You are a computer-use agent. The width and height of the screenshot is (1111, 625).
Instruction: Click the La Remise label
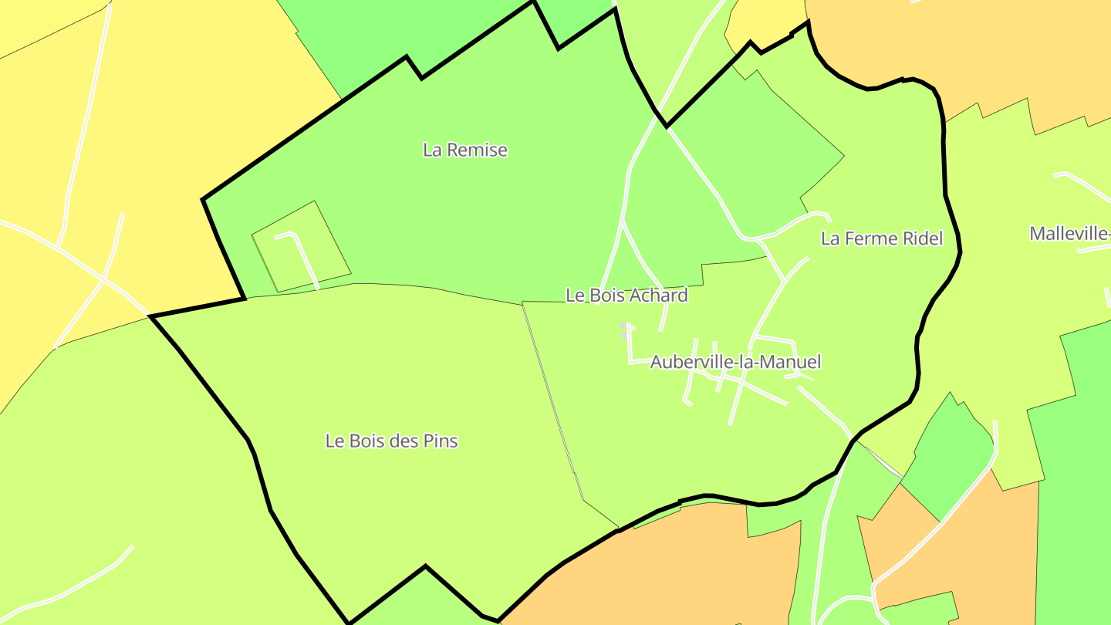(465, 150)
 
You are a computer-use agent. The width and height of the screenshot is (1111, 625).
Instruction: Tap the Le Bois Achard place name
(626, 296)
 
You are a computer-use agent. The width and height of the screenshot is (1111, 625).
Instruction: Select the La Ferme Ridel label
(881, 238)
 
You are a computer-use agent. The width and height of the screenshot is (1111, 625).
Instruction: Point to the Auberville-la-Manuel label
(735, 362)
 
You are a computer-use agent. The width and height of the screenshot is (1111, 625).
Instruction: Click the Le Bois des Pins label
(391, 441)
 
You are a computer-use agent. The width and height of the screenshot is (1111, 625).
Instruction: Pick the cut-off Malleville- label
(1070, 233)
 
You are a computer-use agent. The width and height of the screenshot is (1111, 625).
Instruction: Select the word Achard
(659, 296)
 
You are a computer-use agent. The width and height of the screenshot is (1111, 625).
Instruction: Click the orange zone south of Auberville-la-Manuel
(679, 563)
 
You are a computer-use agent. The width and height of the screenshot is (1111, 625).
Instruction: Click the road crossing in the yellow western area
(103, 279)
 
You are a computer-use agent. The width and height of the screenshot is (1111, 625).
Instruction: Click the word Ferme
(870, 238)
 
